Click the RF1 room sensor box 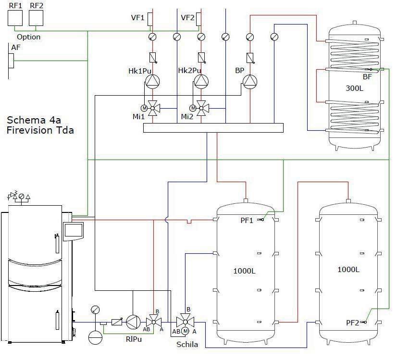point(16,18)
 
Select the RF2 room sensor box point(36,18)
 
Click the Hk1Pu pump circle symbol point(152,82)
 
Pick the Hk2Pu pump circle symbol point(201,82)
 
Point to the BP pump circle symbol point(249,82)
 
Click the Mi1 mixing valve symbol point(153,108)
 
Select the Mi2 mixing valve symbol point(202,108)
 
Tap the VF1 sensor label point(138,18)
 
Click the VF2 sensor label point(187,18)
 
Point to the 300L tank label point(355,88)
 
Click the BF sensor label point(367,76)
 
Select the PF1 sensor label point(247,220)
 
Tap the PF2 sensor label point(352,323)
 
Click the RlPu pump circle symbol point(133,322)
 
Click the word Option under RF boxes point(28,37)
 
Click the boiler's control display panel point(74,230)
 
